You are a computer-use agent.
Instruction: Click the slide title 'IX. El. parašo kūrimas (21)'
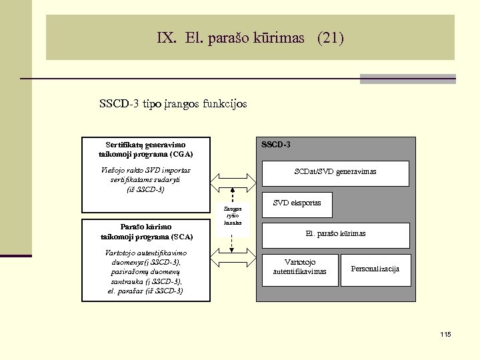point(251,37)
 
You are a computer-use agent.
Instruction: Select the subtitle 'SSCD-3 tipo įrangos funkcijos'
point(173,104)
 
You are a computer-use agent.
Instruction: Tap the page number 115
point(445,334)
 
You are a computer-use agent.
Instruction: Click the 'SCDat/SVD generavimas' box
point(335,172)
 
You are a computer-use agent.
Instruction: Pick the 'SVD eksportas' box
point(297,203)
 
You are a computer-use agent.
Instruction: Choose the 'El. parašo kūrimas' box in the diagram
point(335,234)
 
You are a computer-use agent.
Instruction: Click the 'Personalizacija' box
point(375,269)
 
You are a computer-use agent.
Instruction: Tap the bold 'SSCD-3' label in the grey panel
point(275,145)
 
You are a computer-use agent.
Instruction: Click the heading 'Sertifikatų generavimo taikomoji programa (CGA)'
point(145,149)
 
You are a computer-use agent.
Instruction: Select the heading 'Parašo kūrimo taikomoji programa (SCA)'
point(147,231)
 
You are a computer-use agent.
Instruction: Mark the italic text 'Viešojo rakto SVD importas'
point(145,171)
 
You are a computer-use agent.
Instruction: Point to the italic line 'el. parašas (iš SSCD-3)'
point(145,291)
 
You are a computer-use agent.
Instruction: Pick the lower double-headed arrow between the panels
point(233,254)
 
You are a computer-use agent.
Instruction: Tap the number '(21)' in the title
point(331,37)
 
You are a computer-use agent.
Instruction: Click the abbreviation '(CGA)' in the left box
point(181,154)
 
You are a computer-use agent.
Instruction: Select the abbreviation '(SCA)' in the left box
point(181,237)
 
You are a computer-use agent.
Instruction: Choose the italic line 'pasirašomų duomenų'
point(145,272)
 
